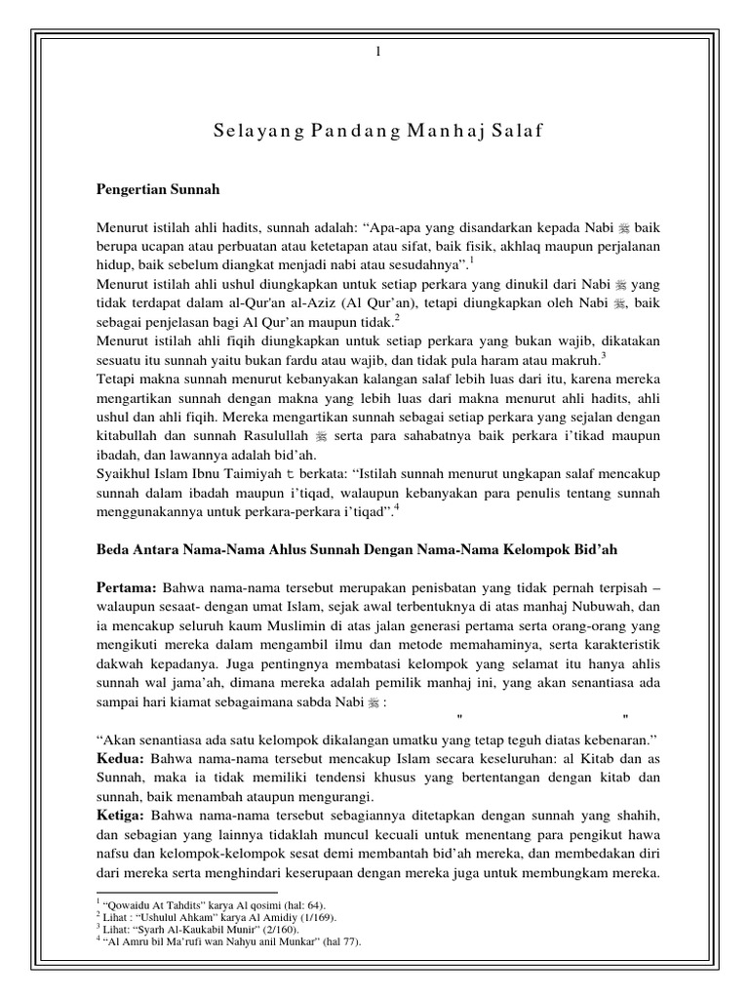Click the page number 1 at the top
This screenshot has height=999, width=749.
click(x=376, y=52)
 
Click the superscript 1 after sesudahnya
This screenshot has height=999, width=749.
click(x=472, y=259)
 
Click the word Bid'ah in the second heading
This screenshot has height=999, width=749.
click(x=592, y=550)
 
